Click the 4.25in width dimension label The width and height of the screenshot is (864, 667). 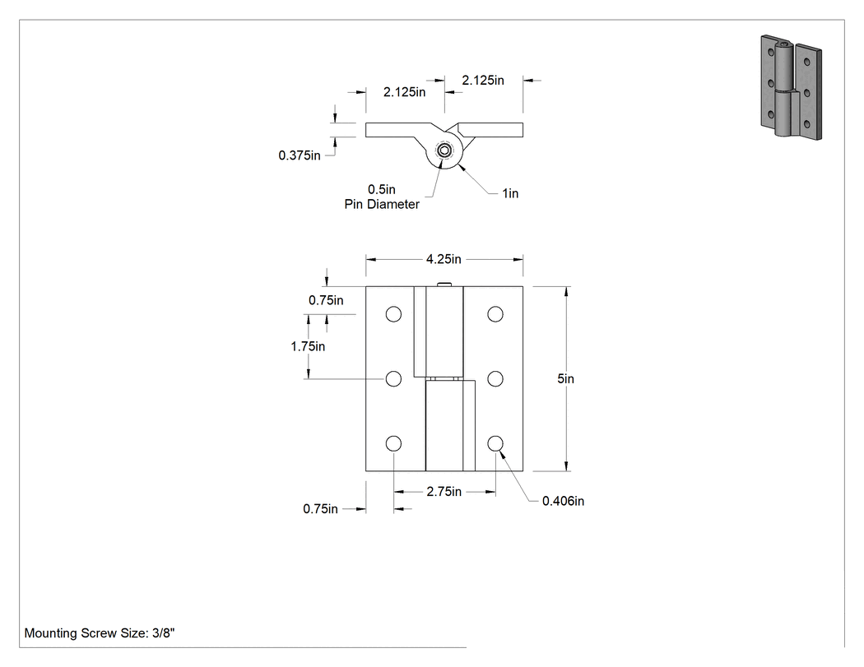[444, 259]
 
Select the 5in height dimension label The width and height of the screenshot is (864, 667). [565, 378]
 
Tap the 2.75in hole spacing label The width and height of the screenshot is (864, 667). [444, 491]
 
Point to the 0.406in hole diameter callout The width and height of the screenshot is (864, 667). [563, 501]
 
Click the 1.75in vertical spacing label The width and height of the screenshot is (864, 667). [308, 346]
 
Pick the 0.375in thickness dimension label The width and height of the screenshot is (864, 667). [300, 155]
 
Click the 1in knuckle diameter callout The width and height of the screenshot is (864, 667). [510, 193]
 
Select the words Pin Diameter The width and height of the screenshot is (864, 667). [382, 204]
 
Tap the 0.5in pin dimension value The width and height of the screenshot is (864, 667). [382, 189]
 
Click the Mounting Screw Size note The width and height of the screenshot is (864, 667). [100, 632]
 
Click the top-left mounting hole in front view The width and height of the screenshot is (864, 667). [393, 314]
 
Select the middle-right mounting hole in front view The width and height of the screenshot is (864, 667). [495, 379]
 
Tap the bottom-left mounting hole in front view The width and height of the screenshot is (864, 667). [393, 443]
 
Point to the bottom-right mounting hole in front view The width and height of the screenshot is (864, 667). [495, 443]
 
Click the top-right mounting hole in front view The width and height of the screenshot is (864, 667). [495, 314]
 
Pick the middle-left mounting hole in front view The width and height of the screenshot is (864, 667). [393, 379]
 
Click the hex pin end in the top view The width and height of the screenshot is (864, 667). [444, 151]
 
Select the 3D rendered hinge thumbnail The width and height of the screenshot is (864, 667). [792, 87]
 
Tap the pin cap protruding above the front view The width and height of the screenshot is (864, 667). [444, 285]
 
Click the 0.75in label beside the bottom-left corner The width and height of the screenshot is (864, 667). [320, 509]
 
